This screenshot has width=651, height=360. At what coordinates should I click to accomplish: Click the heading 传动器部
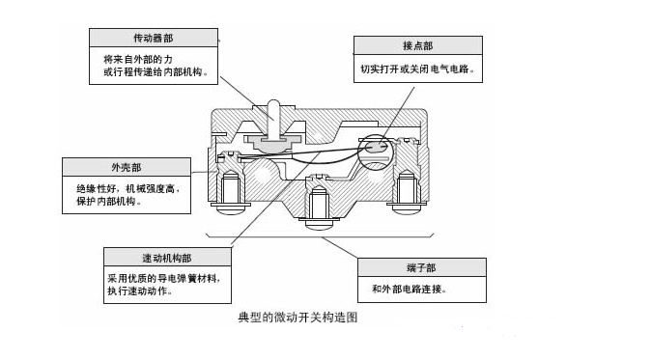pyautogui.click(x=154, y=39)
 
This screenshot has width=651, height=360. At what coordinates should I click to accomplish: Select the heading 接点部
pyautogui.click(x=417, y=45)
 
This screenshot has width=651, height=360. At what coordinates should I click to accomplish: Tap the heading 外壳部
pyautogui.click(x=127, y=167)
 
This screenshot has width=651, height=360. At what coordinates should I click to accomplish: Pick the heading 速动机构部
pyautogui.click(x=167, y=258)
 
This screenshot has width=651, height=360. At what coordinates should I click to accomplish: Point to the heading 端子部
pyautogui.click(x=421, y=267)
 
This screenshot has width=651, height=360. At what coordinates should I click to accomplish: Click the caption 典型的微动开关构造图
pyautogui.click(x=297, y=318)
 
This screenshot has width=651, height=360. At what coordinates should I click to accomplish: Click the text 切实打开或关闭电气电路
pyautogui.click(x=417, y=69)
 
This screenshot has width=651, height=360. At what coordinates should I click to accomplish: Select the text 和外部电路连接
pyautogui.click(x=409, y=289)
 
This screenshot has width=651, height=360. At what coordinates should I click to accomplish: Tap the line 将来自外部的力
pyautogui.click(x=138, y=59)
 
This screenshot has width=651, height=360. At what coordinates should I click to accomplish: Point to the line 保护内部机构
pyautogui.click(x=109, y=202)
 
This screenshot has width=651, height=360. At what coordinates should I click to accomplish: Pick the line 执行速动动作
pyautogui.click(x=139, y=291)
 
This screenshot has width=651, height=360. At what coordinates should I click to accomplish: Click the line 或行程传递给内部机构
pyautogui.click(x=156, y=71)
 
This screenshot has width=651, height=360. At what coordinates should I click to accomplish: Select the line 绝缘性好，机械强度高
pyautogui.click(x=128, y=189)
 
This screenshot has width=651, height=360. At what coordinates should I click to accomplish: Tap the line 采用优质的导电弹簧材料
pyautogui.click(x=163, y=278)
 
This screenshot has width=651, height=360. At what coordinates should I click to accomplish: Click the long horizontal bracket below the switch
pyautogui.click(x=320, y=236)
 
